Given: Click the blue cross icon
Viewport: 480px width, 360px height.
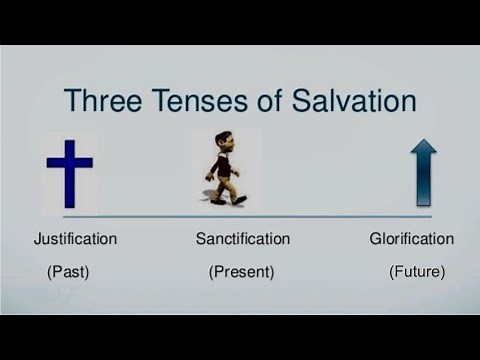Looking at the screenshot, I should [70, 172].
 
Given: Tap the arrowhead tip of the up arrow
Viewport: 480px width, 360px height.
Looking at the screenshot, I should [424, 142].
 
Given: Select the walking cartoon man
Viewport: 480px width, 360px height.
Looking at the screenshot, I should [225, 168].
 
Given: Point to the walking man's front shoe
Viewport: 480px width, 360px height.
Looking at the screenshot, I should [239, 199].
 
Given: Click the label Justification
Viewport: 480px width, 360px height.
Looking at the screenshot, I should [75, 239].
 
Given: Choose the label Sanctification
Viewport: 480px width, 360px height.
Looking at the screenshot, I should [243, 239].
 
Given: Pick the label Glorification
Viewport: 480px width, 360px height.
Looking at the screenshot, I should [411, 239].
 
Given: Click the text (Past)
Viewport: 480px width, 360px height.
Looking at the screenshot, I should [68, 271].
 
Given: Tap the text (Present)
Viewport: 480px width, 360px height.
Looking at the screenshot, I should [241, 271].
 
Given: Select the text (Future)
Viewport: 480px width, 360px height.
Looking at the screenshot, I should [417, 271].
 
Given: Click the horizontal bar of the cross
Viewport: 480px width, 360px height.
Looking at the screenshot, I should [70, 161].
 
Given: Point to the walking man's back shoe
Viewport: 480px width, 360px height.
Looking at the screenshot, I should [217, 201].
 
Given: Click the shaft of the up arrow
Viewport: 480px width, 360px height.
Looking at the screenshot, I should [424, 185].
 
